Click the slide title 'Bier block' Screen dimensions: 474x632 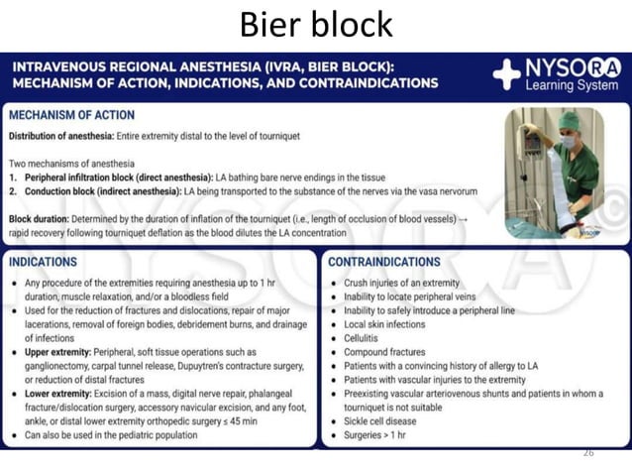tap(316, 23)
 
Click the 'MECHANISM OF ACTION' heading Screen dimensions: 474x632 tap(71, 116)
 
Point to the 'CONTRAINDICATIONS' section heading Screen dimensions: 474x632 tap(384, 263)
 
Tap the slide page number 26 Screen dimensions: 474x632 tap(588, 452)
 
